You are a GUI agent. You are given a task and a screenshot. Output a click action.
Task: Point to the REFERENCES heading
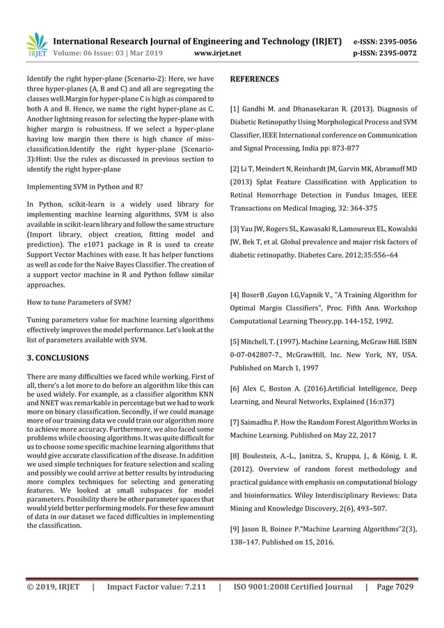pyautogui.click(x=254, y=79)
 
